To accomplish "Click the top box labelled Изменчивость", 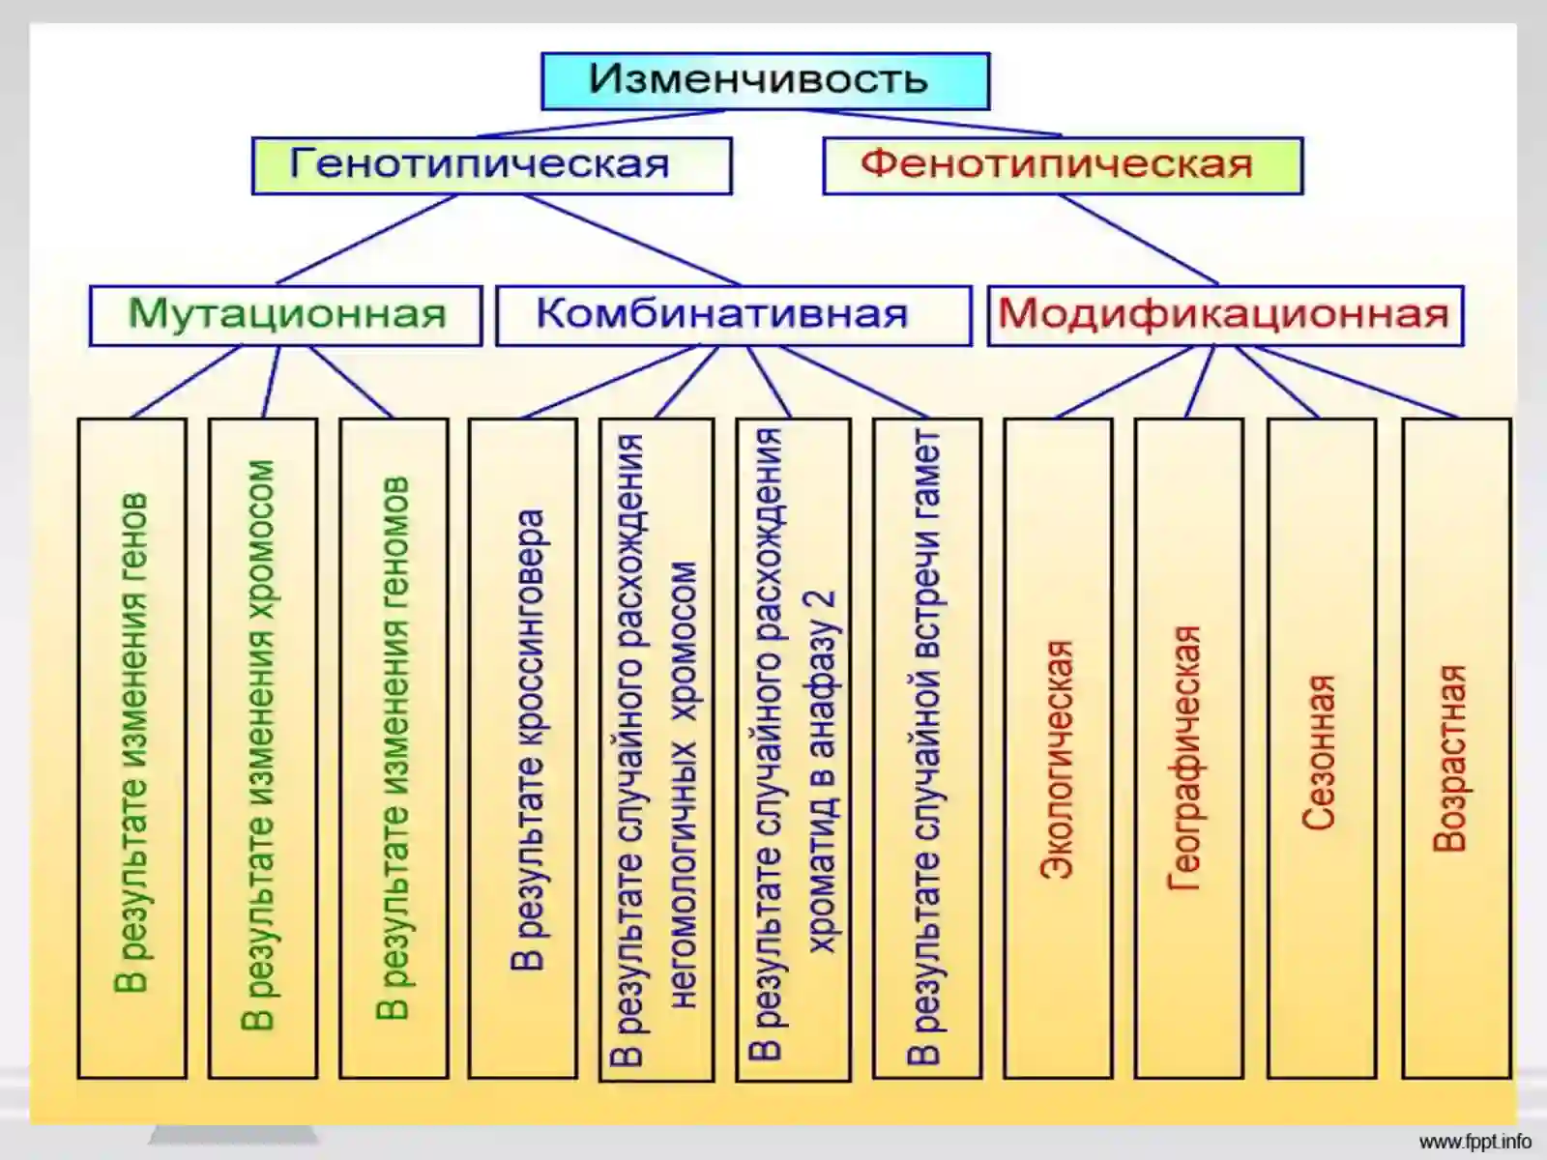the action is pos(766,81).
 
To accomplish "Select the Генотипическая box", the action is pos(492,165).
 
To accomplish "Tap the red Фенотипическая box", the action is pos(1063,165).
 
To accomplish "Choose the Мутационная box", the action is pos(286,315).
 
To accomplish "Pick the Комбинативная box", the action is pos(734,315).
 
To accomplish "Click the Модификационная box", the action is pos(1226,315).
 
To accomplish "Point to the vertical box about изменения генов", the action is pos(132,748).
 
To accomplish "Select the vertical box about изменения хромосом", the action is pos(263,748).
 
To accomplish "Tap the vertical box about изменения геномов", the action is pos(394,748).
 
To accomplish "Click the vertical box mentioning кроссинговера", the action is pos(523,748).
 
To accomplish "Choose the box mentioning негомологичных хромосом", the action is pos(657,749).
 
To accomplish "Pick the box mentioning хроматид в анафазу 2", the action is pos(794,749).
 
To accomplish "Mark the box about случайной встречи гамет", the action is pos(927,748).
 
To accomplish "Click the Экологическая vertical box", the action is pos(1059,748).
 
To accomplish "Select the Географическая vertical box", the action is pos(1189,748).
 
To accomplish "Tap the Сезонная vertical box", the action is pos(1322,748).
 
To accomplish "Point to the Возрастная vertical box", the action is pos(1457,748).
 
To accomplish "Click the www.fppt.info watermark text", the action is pos(1475,1141).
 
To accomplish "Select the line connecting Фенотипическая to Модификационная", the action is pos(1138,240).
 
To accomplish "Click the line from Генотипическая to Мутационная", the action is pos(365,240).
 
